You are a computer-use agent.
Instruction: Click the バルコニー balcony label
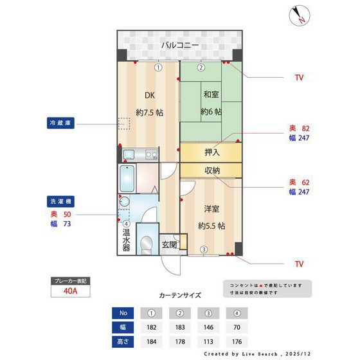[180, 46]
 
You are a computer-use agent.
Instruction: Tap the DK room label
[149, 96]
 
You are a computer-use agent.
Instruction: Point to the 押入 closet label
[212, 153]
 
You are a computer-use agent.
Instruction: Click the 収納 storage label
[212, 170]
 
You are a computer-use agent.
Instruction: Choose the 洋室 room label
[212, 209]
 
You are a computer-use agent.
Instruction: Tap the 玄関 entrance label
[170, 244]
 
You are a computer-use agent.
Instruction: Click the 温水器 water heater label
[127, 239]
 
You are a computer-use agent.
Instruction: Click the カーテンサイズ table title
[180, 296]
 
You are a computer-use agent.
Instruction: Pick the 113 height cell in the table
[208, 341]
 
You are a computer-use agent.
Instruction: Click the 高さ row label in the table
[124, 341]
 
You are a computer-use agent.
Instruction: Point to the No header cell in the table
[124, 314]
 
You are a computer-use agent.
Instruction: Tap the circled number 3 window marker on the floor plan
[203, 250]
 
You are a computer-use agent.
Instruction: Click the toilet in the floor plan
[147, 243]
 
